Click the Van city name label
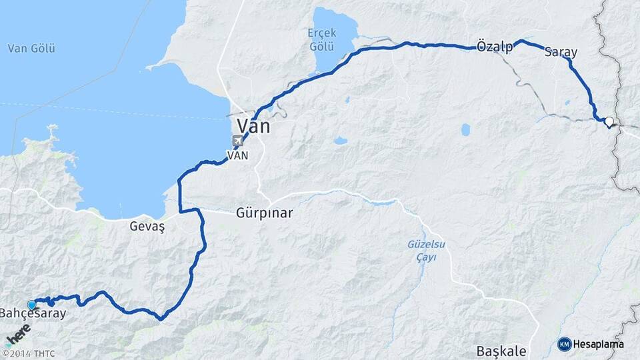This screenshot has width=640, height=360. point(255,127)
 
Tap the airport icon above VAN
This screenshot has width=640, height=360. point(238,141)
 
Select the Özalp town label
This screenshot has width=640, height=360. point(495,47)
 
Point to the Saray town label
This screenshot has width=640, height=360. point(561,51)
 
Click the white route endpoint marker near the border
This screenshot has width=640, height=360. point(609,122)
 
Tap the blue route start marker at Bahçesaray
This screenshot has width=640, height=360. point(31,305)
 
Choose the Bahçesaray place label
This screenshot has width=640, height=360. point(33,313)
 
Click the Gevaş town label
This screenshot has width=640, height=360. point(147,227)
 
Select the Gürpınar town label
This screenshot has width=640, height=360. point(264,214)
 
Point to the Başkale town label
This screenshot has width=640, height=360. point(502,351)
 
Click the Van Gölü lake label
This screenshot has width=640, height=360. point(31,48)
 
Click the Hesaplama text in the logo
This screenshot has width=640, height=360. point(599,344)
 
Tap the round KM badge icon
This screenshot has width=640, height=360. point(565,344)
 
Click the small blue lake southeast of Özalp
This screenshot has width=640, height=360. point(465,129)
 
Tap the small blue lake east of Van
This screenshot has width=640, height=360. point(340,141)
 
